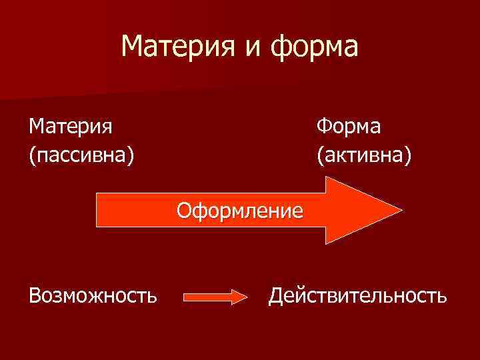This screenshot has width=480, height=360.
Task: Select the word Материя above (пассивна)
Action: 70,125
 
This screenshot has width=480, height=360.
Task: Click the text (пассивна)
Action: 81,155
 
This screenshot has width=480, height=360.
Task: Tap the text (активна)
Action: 364,155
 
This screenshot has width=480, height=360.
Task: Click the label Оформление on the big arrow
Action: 239,211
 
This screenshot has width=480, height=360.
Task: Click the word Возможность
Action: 93,295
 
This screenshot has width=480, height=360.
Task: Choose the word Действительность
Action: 357,295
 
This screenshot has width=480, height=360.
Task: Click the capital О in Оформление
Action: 183,211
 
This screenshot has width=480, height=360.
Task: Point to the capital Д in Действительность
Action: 276,295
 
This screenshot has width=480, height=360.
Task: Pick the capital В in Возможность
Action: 34,295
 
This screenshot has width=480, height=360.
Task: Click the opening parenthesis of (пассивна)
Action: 31,156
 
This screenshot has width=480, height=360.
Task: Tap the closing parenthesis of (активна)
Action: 409,156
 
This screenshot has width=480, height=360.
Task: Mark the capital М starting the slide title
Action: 133,47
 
